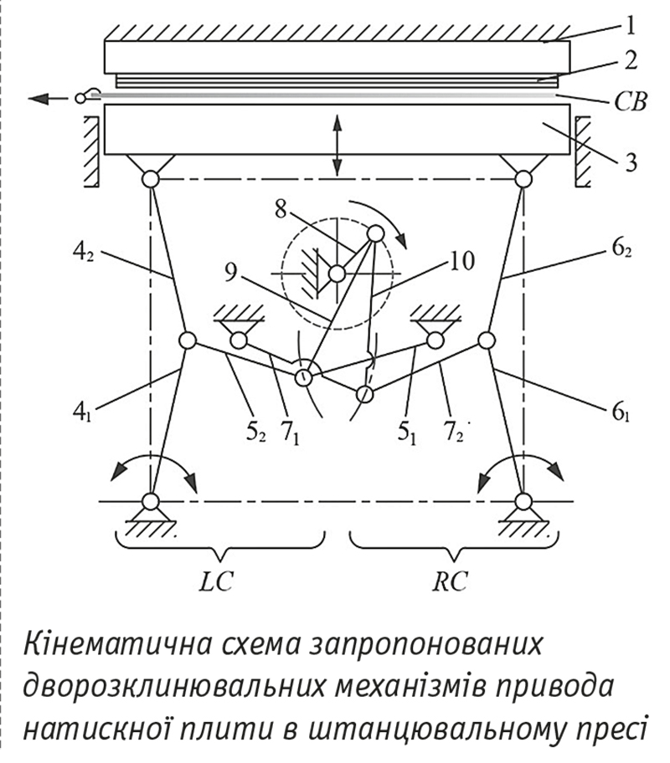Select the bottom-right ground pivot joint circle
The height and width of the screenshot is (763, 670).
click(x=523, y=501)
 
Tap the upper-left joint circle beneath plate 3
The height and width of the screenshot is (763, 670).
click(x=150, y=178)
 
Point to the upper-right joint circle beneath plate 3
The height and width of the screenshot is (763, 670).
click(x=524, y=178)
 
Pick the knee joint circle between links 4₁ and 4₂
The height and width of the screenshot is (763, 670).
click(x=187, y=341)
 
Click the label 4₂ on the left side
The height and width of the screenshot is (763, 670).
click(x=85, y=251)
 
